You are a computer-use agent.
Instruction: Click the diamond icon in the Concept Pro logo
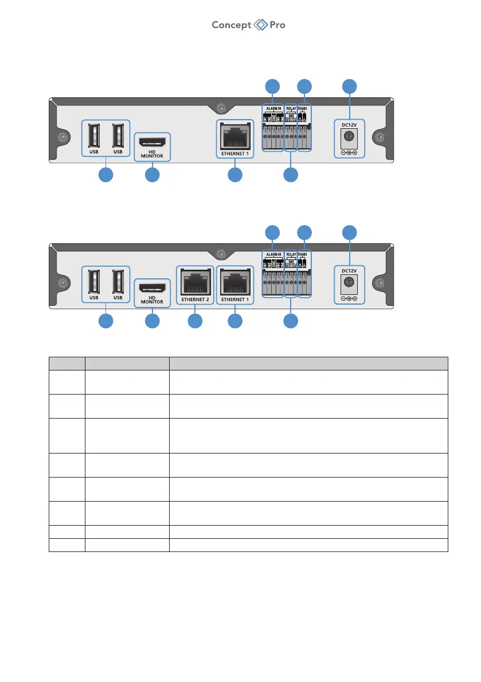pos(261,25)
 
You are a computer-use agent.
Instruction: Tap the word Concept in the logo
pos(232,25)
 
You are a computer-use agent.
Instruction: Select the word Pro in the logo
pos(277,25)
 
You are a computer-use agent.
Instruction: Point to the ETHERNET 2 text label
pos(195,299)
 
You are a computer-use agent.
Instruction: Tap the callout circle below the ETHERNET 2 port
pos(195,321)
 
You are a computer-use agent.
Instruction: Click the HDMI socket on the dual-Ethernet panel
pos(152,286)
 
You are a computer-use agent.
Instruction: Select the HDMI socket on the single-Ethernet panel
pos(152,140)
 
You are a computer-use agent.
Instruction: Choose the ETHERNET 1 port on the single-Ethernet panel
pos(234,135)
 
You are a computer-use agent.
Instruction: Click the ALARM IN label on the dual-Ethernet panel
pos(273,254)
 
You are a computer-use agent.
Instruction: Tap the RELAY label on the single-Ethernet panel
pos(291,108)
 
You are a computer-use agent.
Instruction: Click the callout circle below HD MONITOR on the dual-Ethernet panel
pos(152,321)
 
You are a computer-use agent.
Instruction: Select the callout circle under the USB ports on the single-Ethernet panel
pos(105,175)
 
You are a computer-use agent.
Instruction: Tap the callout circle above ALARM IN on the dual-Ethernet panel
pos(273,232)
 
